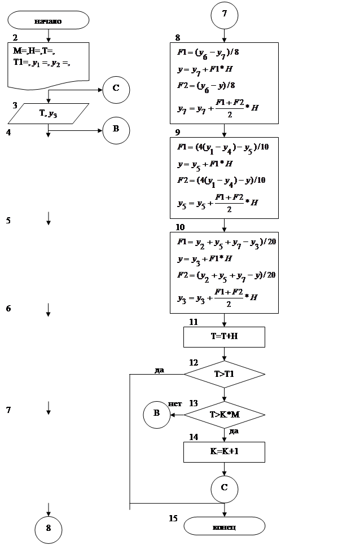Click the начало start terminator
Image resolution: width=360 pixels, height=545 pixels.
click(x=48, y=20)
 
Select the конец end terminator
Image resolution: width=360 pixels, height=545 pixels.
click(x=224, y=526)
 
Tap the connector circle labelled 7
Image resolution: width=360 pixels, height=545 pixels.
click(x=225, y=15)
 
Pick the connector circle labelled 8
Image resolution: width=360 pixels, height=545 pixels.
click(x=49, y=528)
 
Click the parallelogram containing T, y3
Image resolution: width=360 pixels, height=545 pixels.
click(x=49, y=113)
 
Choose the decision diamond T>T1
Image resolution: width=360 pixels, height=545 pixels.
click(x=224, y=374)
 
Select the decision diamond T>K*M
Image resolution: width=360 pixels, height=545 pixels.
click(x=225, y=415)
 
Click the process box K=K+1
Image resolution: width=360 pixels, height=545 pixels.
click(x=224, y=452)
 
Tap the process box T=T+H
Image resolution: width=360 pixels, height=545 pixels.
click(x=224, y=337)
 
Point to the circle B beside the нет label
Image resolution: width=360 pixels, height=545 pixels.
click(x=156, y=414)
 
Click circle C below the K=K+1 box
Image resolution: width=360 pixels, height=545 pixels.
click(x=224, y=487)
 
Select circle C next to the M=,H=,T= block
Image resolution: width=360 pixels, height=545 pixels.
click(x=116, y=88)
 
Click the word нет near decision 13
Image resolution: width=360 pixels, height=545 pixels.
click(x=175, y=404)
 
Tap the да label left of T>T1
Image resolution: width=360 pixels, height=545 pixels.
click(x=159, y=370)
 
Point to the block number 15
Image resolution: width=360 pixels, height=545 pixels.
click(x=173, y=518)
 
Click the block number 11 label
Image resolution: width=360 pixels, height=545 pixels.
click(x=194, y=322)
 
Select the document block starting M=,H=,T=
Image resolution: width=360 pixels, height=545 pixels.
click(x=49, y=64)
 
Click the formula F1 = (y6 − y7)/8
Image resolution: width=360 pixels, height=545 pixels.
click(x=208, y=53)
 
